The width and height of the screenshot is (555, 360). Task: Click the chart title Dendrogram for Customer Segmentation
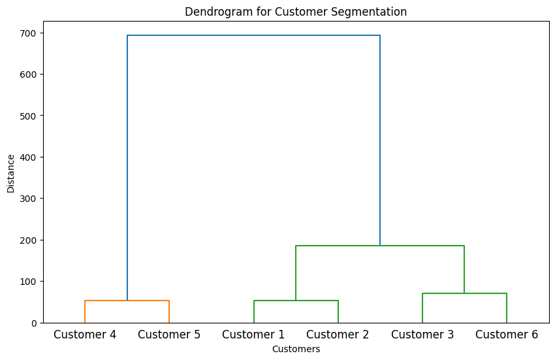pos(296,12)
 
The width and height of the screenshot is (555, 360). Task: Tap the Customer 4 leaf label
pos(85,335)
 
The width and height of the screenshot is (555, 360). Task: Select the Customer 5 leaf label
pos(169,335)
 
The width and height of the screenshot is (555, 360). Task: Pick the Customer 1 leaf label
pos(253,335)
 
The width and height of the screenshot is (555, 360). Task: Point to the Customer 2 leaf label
pos(338,335)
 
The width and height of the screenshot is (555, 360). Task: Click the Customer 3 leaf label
pos(422,335)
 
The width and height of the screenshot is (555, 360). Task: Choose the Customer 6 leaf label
pos(507,335)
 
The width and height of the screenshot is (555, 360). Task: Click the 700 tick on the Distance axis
pos(28,33)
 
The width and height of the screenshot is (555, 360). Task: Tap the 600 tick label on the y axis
pos(28,74)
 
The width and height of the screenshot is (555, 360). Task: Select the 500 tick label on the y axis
pos(28,116)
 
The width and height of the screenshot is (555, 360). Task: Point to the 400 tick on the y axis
pos(28,157)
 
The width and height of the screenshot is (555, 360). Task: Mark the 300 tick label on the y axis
pos(28,199)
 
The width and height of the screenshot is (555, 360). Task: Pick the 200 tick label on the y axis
pos(28,240)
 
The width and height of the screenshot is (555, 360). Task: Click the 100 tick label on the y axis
pos(28,282)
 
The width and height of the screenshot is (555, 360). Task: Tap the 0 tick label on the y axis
pos(34,323)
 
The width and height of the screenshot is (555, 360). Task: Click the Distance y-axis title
pos(10,174)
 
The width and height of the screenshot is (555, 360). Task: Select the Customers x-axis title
pos(296,350)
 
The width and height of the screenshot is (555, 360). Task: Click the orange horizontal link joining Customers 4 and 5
pos(127,301)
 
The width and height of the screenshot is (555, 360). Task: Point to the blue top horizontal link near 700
pos(253,35)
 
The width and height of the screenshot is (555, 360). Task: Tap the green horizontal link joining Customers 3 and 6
pos(464,293)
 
